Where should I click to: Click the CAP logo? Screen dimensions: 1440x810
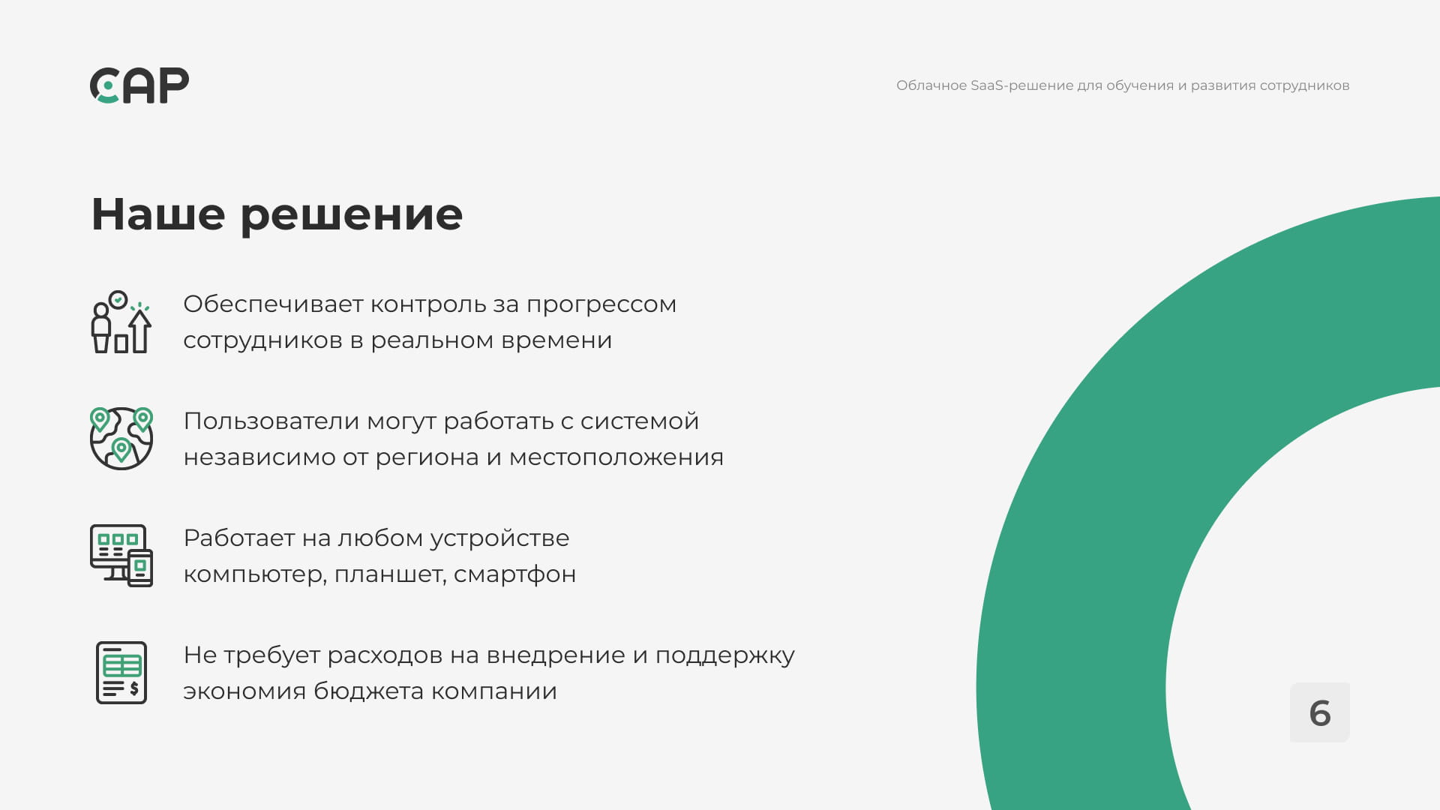pos(139,85)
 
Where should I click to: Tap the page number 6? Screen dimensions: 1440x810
pos(1320,713)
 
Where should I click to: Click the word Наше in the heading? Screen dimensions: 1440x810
pos(158,214)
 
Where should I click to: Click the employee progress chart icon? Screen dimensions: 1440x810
pos(121,322)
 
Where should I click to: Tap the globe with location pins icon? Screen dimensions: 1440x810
pos(121,439)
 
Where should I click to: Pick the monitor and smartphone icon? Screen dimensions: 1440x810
pos(121,556)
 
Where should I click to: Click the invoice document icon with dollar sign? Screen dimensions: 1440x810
pos(121,673)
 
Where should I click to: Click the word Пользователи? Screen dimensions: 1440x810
pos(271,421)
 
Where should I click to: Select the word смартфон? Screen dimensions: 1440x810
pos(515,574)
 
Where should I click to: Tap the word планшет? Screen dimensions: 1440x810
pos(390,574)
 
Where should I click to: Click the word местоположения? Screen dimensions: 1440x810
pos(616,457)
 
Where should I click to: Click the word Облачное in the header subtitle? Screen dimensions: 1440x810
pos(931,85)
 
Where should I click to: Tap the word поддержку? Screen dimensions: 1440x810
pos(725,656)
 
